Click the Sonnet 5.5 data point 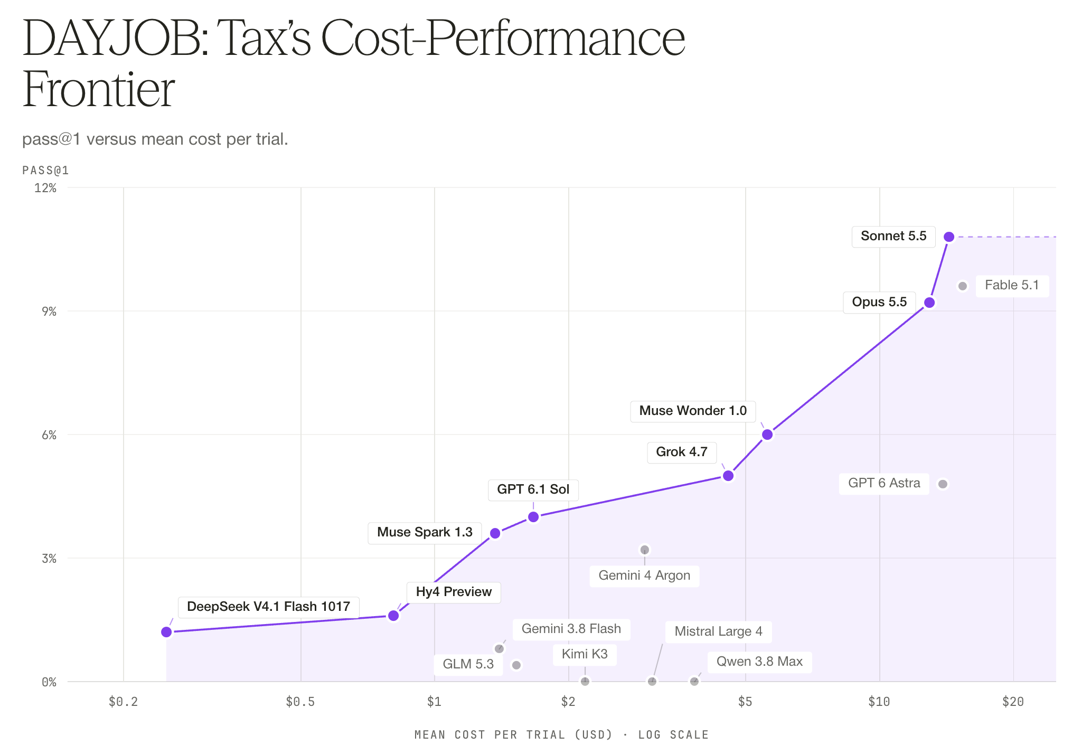(x=949, y=237)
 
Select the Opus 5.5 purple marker (x=929, y=303)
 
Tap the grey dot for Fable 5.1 (x=963, y=286)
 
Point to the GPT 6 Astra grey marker (x=943, y=484)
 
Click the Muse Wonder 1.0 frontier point (x=767, y=435)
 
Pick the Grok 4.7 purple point (x=728, y=476)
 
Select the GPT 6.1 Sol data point (x=533, y=517)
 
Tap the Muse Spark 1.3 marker (x=495, y=533)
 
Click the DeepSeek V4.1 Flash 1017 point (x=166, y=632)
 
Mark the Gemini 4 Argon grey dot (x=644, y=550)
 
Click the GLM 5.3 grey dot (x=516, y=665)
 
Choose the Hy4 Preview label (x=454, y=592)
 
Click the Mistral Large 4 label (x=718, y=631)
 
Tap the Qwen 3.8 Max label (x=759, y=662)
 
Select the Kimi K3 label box (x=585, y=654)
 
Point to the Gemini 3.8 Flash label (x=571, y=629)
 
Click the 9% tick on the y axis (x=49, y=312)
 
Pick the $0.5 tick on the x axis (x=300, y=702)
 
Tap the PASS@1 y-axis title (x=45, y=170)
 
